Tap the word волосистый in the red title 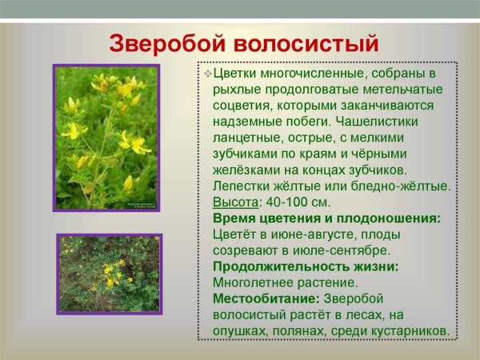pyautogui.click(x=304, y=42)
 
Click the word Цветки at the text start pyautogui.click(x=236, y=73)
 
